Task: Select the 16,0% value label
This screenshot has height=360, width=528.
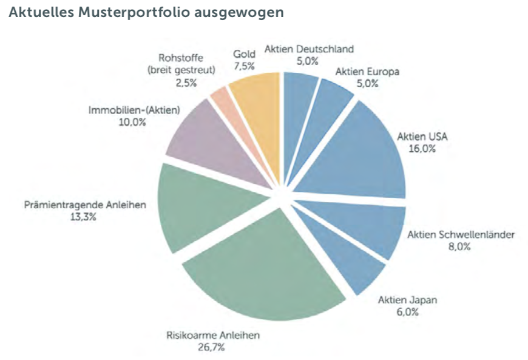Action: [422, 148]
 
